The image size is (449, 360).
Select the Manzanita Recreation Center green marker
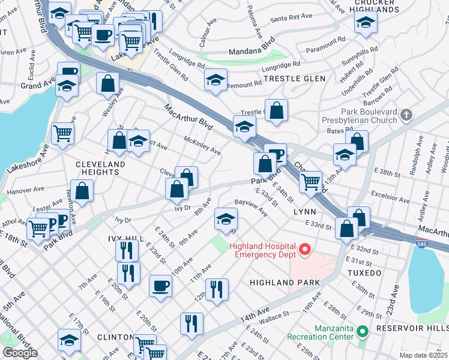[362, 331]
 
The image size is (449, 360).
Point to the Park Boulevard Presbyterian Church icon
[406, 114]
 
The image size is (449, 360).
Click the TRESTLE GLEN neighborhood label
[295, 79]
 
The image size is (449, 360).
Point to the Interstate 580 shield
[422, 244]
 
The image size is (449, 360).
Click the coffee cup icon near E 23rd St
[160, 286]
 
